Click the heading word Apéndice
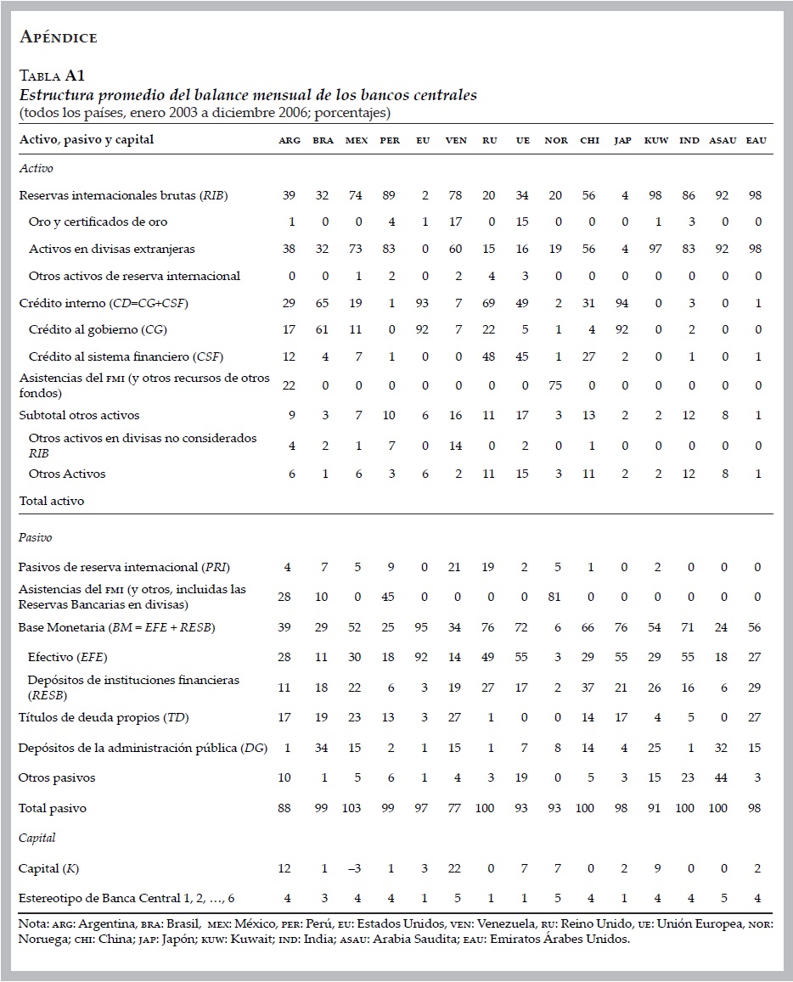(x=58, y=36)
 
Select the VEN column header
(x=456, y=140)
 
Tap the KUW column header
(x=656, y=140)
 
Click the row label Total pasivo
(x=53, y=809)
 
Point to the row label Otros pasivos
(x=57, y=778)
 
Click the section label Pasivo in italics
(x=36, y=538)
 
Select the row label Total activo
(x=52, y=501)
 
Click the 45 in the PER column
(x=389, y=597)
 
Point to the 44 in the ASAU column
(x=724, y=778)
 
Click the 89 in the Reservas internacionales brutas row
(x=389, y=195)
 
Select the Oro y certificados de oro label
(x=98, y=222)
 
